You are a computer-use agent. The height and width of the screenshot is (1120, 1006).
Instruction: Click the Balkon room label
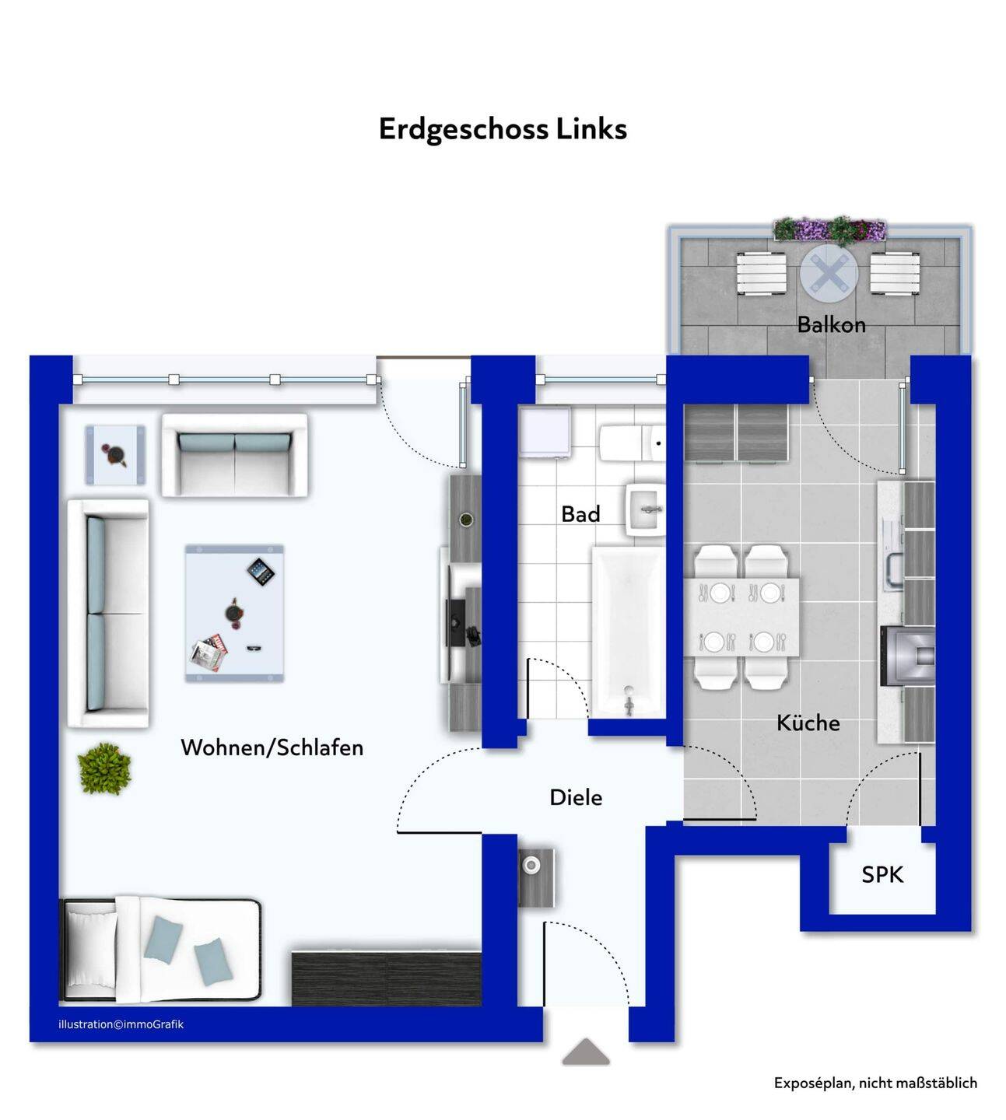[x=831, y=324]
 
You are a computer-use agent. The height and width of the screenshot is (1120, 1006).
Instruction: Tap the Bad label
[x=580, y=514]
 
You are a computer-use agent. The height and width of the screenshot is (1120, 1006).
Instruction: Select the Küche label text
[x=808, y=723]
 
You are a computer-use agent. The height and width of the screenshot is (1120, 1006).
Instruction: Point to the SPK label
[x=882, y=874]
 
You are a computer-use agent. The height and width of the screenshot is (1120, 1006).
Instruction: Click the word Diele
[x=576, y=798]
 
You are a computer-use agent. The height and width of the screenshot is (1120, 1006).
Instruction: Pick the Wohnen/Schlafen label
[x=272, y=748]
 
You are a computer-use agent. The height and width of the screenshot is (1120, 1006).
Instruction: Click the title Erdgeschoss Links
[x=503, y=129]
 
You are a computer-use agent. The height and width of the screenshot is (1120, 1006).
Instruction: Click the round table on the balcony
[x=829, y=274]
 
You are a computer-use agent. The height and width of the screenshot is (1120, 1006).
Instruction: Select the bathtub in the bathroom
[x=629, y=632]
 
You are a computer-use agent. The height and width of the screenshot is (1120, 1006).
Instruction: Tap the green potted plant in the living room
[x=104, y=768]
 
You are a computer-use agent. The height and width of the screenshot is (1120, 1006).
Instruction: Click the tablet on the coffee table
[x=261, y=572]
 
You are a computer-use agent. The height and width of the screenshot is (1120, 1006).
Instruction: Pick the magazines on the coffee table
[x=209, y=653]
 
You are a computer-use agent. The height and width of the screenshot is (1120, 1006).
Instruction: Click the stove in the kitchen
[x=907, y=656]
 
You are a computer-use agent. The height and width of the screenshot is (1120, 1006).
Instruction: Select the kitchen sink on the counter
[x=895, y=569]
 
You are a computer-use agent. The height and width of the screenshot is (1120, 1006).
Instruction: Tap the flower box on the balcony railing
[x=829, y=229]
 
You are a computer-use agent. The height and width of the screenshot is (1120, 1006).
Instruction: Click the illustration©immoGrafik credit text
[x=121, y=1024]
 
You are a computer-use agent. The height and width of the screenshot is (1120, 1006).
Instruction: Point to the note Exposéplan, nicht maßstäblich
[x=875, y=1083]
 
